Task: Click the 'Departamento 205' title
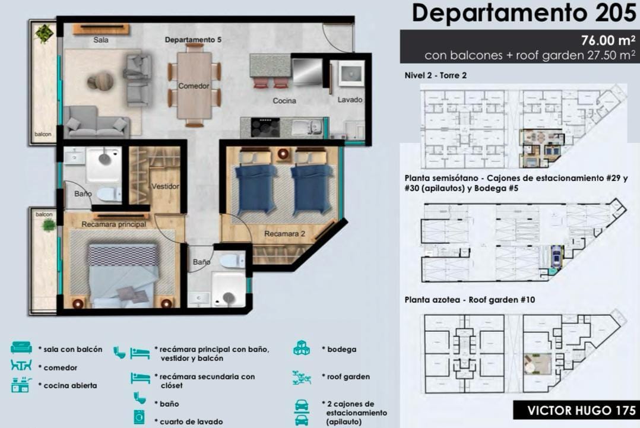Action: coord(524,13)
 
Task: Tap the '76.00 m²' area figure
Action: coord(608,40)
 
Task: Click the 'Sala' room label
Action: coord(101,40)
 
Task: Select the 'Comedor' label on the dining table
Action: coord(194,86)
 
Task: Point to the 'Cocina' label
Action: coord(284,101)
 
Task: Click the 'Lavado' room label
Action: coord(350,100)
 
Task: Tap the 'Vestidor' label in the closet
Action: coord(165,186)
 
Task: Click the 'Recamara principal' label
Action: coord(114,224)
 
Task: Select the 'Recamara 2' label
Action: coord(284,234)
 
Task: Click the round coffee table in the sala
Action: coord(100,80)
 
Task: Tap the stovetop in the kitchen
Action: coord(265,127)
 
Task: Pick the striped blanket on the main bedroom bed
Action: coord(123,255)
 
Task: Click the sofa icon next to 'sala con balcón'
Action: coord(21,347)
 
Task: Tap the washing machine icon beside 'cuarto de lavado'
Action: coord(139,417)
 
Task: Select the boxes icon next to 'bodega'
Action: coord(301,348)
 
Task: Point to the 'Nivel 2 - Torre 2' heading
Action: coord(436,75)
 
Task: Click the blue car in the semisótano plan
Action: coord(556,255)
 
